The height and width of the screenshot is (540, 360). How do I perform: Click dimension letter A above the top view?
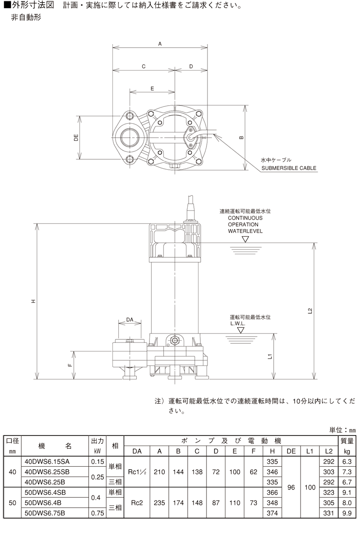(x=160, y=44)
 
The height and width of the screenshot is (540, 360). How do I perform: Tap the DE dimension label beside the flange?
(x=76, y=138)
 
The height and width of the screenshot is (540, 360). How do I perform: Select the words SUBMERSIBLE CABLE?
(x=289, y=168)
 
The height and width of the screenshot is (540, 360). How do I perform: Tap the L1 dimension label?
(x=270, y=356)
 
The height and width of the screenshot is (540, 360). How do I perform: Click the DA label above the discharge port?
(x=130, y=319)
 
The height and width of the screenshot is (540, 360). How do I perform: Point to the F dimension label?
(x=70, y=365)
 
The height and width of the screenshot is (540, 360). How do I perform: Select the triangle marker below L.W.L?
(x=240, y=330)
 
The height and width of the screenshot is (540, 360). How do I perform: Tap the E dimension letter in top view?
(x=152, y=89)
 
